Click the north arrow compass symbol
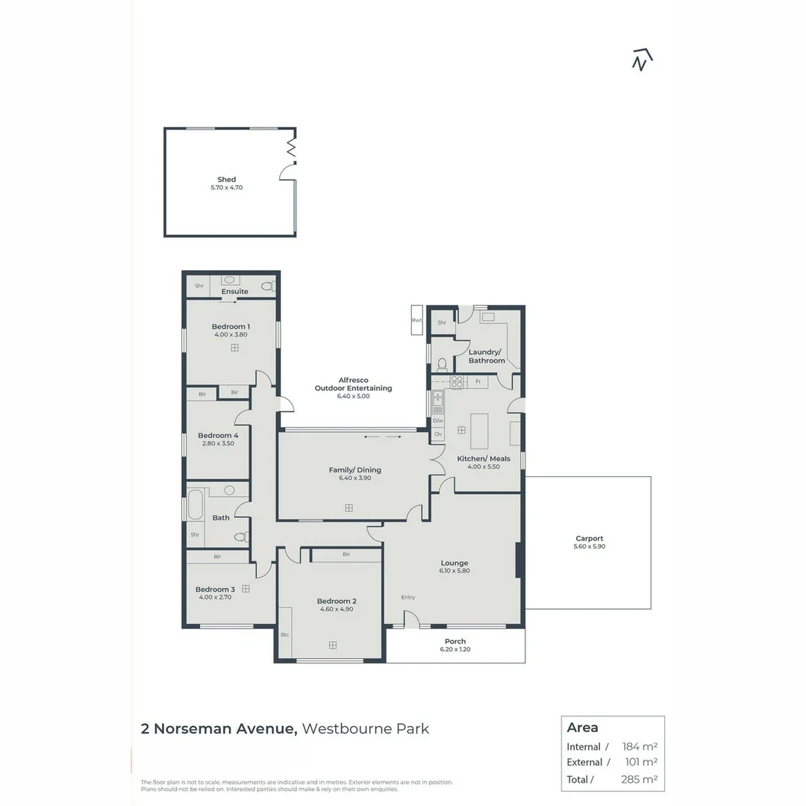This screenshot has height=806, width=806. click(x=642, y=60)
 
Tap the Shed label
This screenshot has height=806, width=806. click(x=226, y=179)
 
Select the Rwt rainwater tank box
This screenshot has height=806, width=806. click(x=416, y=321)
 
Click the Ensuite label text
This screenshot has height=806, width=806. click(x=234, y=292)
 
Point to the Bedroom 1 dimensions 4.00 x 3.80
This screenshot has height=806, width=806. click(x=231, y=335)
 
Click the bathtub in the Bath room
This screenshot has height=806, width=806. click(x=196, y=504)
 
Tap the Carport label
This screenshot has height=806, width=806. click(x=589, y=538)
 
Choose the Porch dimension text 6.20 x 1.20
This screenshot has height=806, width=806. click(x=455, y=649)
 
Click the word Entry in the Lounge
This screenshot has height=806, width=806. click(x=407, y=597)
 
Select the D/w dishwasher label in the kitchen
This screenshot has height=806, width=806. click(x=438, y=421)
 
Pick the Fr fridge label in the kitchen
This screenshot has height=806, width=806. click(x=478, y=381)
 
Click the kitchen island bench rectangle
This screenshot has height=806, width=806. click(x=479, y=431)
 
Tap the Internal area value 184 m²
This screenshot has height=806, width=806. click(x=640, y=746)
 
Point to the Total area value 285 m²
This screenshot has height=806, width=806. click(x=640, y=780)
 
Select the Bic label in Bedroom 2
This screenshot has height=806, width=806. click(x=284, y=634)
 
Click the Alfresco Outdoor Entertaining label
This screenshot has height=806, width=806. click(x=353, y=384)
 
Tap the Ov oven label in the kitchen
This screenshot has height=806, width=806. click(x=438, y=434)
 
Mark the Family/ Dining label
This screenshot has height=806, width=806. click(x=355, y=470)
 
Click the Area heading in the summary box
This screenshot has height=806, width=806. click(x=583, y=728)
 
